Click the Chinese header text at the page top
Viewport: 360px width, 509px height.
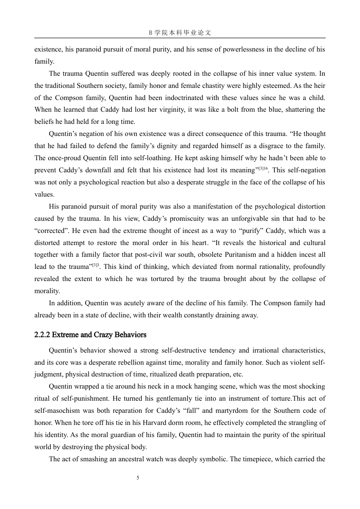[180, 33]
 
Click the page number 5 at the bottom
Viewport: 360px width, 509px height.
[138, 478]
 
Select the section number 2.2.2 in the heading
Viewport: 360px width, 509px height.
[42, 335]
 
